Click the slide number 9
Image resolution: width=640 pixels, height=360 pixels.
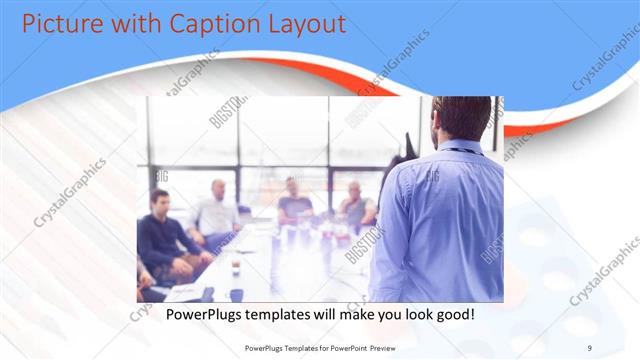[x=590, y=346]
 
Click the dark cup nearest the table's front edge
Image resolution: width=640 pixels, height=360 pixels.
[x=237, y=293]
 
